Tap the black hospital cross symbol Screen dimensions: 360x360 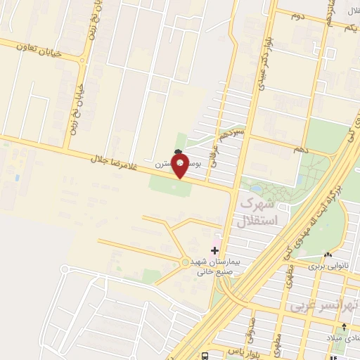tap(215, 250)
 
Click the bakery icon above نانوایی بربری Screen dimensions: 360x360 tap(328, 255)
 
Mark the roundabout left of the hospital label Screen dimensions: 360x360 tap(185, 263)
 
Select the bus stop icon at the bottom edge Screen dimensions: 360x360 tap(203, 356)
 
